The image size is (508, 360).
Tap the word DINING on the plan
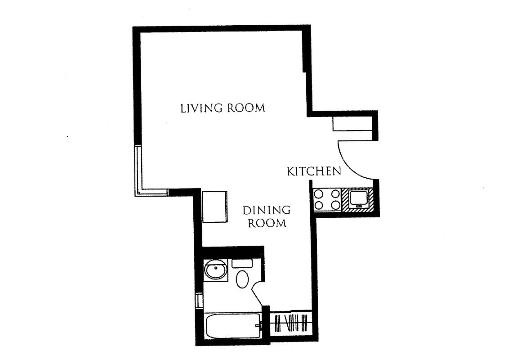tap(267, 210)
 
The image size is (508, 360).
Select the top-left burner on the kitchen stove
tap(319, 195)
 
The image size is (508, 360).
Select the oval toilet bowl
tap(243, 279)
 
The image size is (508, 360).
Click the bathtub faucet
tap(258, 325)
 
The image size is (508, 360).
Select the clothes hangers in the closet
tap(291, 323)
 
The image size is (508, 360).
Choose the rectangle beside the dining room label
tap(214, 206)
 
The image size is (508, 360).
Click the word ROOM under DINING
tap(267, 223)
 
